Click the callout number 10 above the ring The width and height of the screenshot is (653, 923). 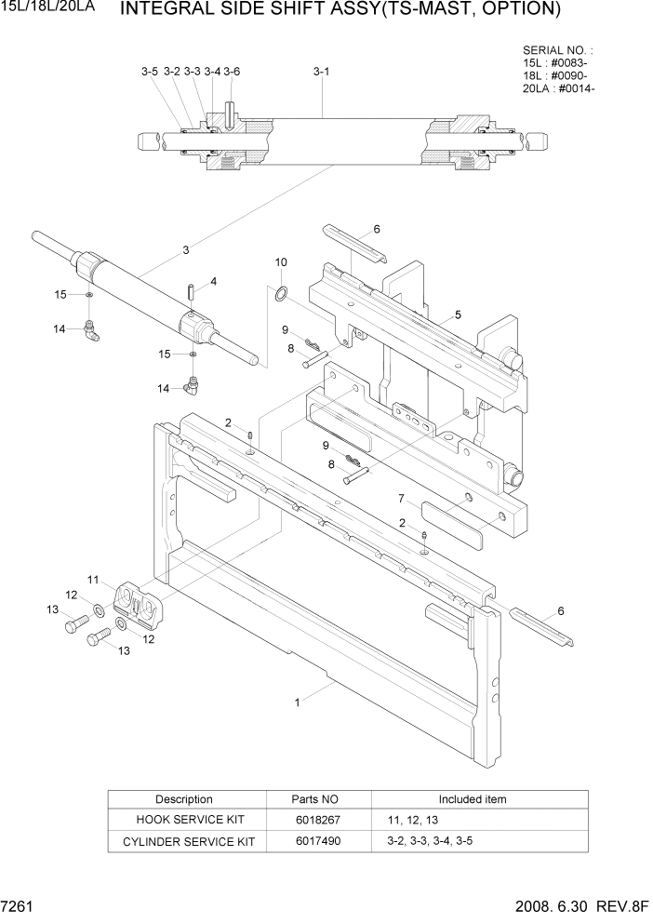click(x=281, y=263)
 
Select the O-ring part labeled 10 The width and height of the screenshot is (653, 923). click(x=279, y=295)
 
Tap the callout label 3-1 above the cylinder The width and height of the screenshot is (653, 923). click(x=322, y=71)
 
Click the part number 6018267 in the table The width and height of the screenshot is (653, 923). click(x=317, y=820)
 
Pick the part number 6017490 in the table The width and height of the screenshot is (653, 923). click(x=317, y=841)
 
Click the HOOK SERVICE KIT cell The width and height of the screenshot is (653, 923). click(x=184, y=820)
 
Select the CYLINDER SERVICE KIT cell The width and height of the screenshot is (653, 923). click(x=184, y=841)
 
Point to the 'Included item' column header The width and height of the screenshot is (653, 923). click(x=473, y=799)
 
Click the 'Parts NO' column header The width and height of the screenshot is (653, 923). click(x=317, y=799)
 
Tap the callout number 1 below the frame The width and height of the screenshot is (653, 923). click(x=298, y=703)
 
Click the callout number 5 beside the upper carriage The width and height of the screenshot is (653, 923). click(x=458, y=314)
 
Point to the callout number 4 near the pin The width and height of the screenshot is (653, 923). click(x=213, y=281)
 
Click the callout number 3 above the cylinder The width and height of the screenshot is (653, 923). click(x=186, y=249)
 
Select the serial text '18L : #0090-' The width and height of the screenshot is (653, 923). click(x=555, y=75)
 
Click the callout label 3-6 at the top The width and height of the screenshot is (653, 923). click(x=232, y=71)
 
